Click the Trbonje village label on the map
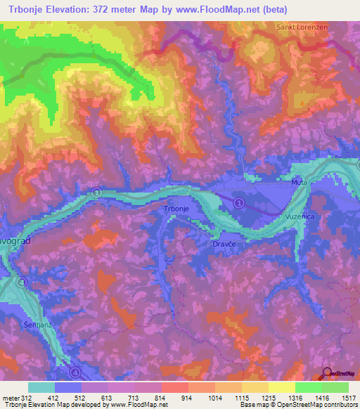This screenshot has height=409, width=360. [x=176, y=209]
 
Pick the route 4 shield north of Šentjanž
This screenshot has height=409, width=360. [x=22, y=283]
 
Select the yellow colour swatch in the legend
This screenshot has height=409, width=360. [x=281, y=387]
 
